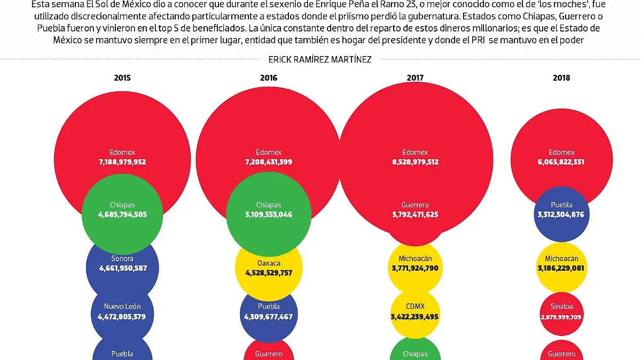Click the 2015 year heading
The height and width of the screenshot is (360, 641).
click(122, 78)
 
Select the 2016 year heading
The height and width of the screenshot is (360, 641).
click(269, 78)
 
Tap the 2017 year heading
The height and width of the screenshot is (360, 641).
click(415, 78)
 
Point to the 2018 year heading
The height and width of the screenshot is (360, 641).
click(561, 78)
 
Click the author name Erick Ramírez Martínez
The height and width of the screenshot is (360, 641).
click(320, 60)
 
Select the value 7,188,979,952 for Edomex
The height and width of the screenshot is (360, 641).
click(122, 162)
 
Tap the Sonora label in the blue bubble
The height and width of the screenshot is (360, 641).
click(122, 259)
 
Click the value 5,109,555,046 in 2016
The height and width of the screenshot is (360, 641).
click(269, 215)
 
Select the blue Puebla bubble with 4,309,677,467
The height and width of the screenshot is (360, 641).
click(269, 312)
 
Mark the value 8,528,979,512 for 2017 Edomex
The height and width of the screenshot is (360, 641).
click(415, 162)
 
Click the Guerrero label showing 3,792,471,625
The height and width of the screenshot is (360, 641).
click(415, 205)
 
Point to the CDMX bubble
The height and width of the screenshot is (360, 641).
click(415, 312)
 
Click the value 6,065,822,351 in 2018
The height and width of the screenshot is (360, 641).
click(561, 162)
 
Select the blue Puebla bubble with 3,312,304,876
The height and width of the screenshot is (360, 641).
click(561, 210)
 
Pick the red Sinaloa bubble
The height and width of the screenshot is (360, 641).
click(561, 312)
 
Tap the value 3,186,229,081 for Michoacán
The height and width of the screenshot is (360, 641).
click(561, 268)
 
